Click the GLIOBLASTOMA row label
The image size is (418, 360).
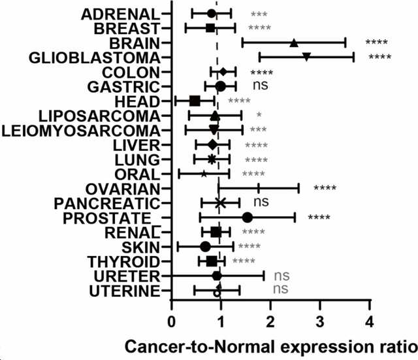click(94, 58)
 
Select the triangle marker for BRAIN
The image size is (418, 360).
click(293, 42)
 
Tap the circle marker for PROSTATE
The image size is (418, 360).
click(248, 218)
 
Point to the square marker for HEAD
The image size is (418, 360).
click(195, 101)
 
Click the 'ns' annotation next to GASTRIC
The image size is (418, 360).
click(261, 85)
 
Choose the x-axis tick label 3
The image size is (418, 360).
click(320, 321)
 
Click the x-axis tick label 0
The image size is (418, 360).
click(172, 321)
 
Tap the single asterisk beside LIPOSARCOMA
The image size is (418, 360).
click(259, 115)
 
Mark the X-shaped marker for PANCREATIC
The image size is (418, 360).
click(220, 203)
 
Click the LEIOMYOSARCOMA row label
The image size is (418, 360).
click(81, 131)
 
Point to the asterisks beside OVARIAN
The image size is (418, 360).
click(325, 188)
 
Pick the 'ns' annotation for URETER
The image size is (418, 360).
click(281, 276)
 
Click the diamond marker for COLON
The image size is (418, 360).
click(223, 71)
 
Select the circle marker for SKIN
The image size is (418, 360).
click(205, 247)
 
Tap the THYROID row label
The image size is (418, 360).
click(123, 261)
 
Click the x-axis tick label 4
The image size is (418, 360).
click(370, 321)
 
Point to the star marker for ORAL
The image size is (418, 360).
click(204, 174)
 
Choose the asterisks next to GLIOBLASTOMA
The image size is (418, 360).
click(380, 57)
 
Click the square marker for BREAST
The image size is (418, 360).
click(210, 28)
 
